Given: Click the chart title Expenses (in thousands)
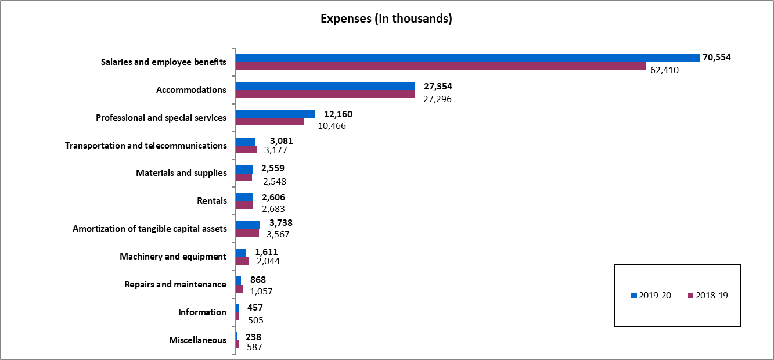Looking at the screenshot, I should point(386,19).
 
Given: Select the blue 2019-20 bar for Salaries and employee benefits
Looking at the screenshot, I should point(467,57).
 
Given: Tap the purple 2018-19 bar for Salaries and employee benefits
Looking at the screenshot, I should point(441,66).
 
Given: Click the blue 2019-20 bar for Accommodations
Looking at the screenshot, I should point(325,86).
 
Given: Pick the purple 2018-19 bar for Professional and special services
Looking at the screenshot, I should point(270,122).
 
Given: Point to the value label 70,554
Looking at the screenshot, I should point(717,57).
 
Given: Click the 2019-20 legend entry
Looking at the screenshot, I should point(651,296).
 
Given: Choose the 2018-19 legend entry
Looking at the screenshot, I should point(708,296).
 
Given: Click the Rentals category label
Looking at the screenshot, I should point(212,201).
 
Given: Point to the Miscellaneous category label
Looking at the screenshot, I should point(197,340).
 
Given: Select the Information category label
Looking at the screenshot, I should point(202,312).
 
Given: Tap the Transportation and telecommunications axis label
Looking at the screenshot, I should point(146,145).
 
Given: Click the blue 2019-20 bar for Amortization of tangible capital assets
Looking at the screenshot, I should point(248,225).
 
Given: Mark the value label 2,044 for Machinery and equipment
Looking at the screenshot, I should point(268,261).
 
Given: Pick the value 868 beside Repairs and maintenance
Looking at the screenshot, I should point(258,280).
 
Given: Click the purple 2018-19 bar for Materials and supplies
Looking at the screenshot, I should point(244,177).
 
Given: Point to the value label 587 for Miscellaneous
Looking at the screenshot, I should point(254,347).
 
